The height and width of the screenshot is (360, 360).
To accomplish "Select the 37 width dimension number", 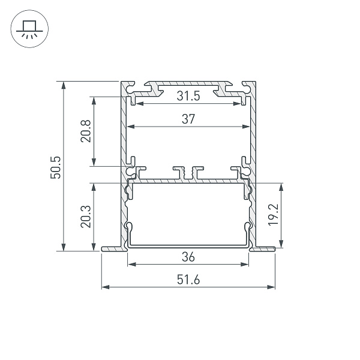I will click(188, 119).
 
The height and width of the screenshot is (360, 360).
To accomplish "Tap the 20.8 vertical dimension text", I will click(85, 130).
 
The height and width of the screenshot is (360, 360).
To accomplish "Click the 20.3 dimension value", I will click(85, 216).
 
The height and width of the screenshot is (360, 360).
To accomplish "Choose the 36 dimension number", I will click(188, 257).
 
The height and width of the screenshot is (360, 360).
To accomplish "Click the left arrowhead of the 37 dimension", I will click(133, 127).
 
